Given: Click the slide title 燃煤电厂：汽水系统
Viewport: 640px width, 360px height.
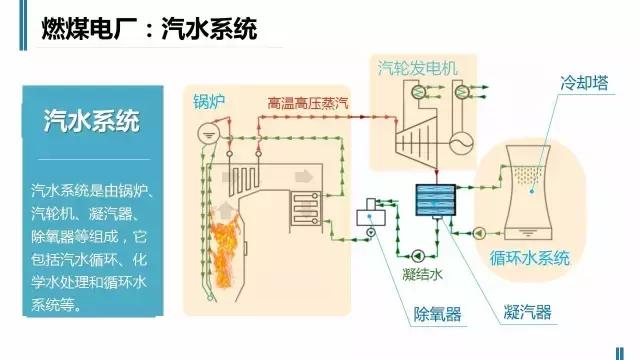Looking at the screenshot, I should (x=148, y=29).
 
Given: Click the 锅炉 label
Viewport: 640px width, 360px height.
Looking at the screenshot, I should (x=210, y=101).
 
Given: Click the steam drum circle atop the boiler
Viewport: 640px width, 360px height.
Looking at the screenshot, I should (x=208, y=129).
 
